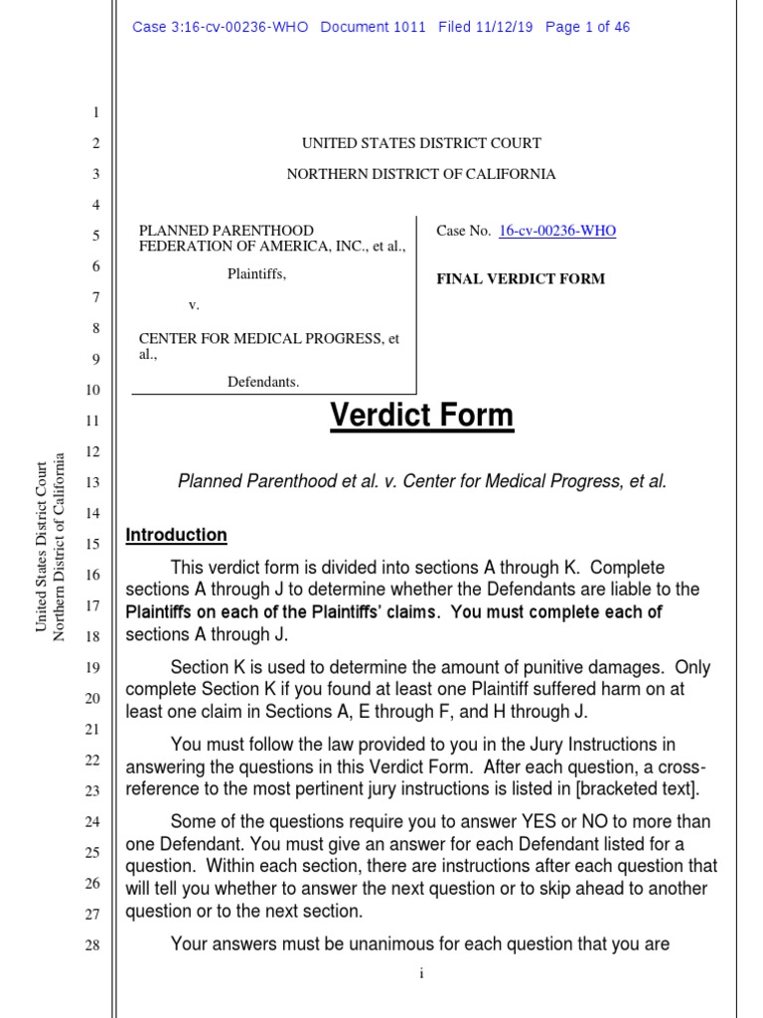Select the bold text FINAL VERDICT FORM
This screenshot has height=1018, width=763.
click(x=521, y=279)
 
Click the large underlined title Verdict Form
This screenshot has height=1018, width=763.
click(x=422, y=416)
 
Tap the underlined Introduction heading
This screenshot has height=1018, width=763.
click(x=176, y=535)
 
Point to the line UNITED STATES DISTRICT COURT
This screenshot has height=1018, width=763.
click(x=421, y=143)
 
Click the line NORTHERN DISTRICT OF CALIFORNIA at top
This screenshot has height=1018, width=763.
click(x=421, y=174)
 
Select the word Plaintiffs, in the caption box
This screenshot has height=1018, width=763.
click(x=257, y=274)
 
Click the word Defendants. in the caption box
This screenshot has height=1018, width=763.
click(x=263, y=382)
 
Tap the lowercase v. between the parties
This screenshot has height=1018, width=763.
click(x=194, y=306)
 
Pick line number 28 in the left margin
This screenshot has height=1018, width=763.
click(x=92, y=945)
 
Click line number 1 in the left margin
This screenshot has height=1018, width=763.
click(x=95, y=113)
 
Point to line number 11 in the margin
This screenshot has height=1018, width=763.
click(x=92, y=421)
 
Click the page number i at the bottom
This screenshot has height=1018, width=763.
click(x=421, y=973)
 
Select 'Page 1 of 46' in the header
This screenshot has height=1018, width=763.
click(x=587, y=27)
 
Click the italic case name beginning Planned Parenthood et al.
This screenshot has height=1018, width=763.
click(x=422, y=482)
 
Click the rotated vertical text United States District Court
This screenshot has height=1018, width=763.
click(x=42, y=546)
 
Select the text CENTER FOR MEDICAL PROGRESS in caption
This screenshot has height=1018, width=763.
click(x=260, y=339)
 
